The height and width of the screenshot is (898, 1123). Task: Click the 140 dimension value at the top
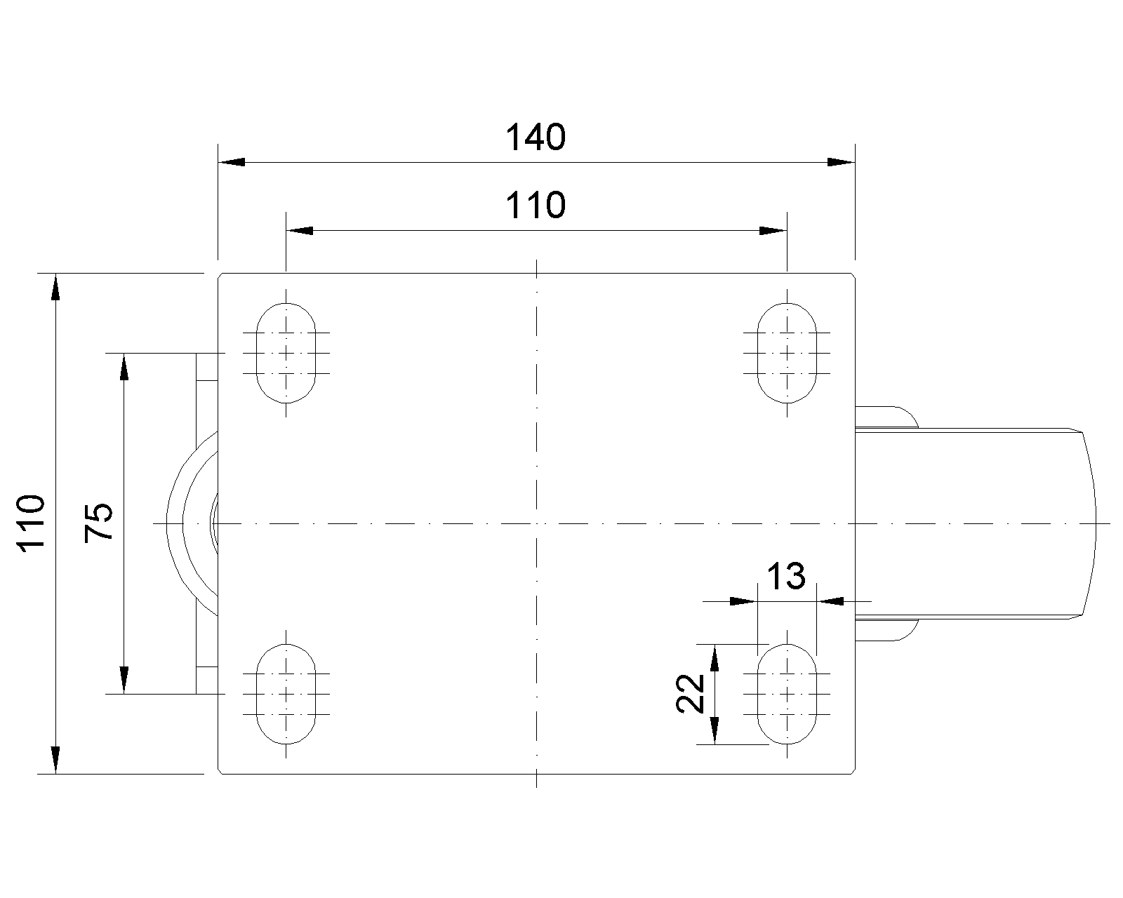pos(535,138)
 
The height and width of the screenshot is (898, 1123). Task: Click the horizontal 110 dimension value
pos(535,206)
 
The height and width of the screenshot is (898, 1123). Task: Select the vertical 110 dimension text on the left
pos(32,523)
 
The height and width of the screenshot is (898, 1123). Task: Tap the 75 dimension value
pos(99,523)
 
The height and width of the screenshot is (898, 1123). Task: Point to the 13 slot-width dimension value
pos(785,577)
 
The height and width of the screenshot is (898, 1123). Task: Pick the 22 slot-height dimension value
pos(691,693)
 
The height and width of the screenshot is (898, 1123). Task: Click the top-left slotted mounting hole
pos(286,352)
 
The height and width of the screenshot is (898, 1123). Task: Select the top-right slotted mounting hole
pos(788,352)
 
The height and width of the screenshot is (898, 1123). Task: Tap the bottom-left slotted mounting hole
pos(286,694)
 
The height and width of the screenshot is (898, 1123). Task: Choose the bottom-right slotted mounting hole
pos(788,694)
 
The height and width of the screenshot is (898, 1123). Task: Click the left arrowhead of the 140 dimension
pos(232,162)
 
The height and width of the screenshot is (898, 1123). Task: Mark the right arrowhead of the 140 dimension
pos(841,162)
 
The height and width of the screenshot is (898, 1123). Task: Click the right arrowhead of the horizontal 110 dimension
pos(773,230)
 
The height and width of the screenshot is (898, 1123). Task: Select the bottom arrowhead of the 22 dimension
pos(714,730)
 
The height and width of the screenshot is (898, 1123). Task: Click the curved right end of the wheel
pos(1093,523)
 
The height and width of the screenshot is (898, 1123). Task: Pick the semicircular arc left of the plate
pos(175,523)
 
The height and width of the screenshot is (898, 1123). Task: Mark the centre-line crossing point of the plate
pos(536,523)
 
